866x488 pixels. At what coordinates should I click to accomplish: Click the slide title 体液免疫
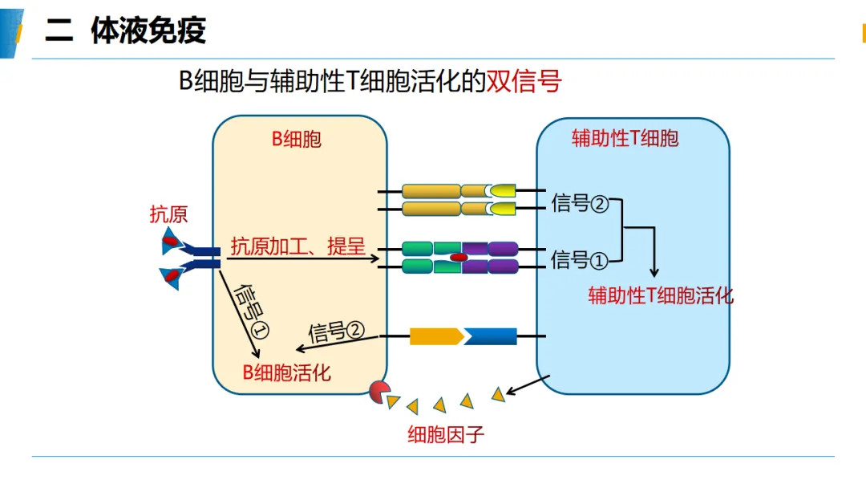click(148, 30)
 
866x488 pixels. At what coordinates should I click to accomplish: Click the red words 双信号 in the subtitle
click(524, 81)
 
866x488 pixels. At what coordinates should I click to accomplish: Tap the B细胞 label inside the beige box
click(297, 139)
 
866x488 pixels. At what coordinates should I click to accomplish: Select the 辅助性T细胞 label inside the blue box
click(625, 137)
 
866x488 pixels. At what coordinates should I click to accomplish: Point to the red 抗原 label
click(168, 213)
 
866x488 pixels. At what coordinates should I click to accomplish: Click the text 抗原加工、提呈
click(297, 246)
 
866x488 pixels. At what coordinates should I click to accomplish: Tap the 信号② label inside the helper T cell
click(580, 203)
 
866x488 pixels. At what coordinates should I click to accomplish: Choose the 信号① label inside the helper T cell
click(580, 259)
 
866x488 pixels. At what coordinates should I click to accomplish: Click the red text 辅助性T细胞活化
click(661, 295)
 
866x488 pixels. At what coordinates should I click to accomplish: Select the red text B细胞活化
click(286, 372)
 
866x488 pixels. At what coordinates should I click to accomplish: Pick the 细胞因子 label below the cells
click(446, 434)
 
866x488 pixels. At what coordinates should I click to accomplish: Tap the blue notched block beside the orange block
click(490, 336)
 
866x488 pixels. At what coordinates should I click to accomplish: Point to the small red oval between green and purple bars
click(459, 258)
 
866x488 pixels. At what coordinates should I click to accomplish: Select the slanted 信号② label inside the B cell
click(336, 331)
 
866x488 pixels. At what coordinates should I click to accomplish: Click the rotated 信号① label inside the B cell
click(251, 311)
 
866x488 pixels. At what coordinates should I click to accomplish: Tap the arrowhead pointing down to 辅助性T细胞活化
click(654, 272)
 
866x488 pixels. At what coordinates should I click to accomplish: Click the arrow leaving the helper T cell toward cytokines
click(528, 385)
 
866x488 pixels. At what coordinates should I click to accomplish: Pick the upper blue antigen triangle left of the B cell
click(171, 241)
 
